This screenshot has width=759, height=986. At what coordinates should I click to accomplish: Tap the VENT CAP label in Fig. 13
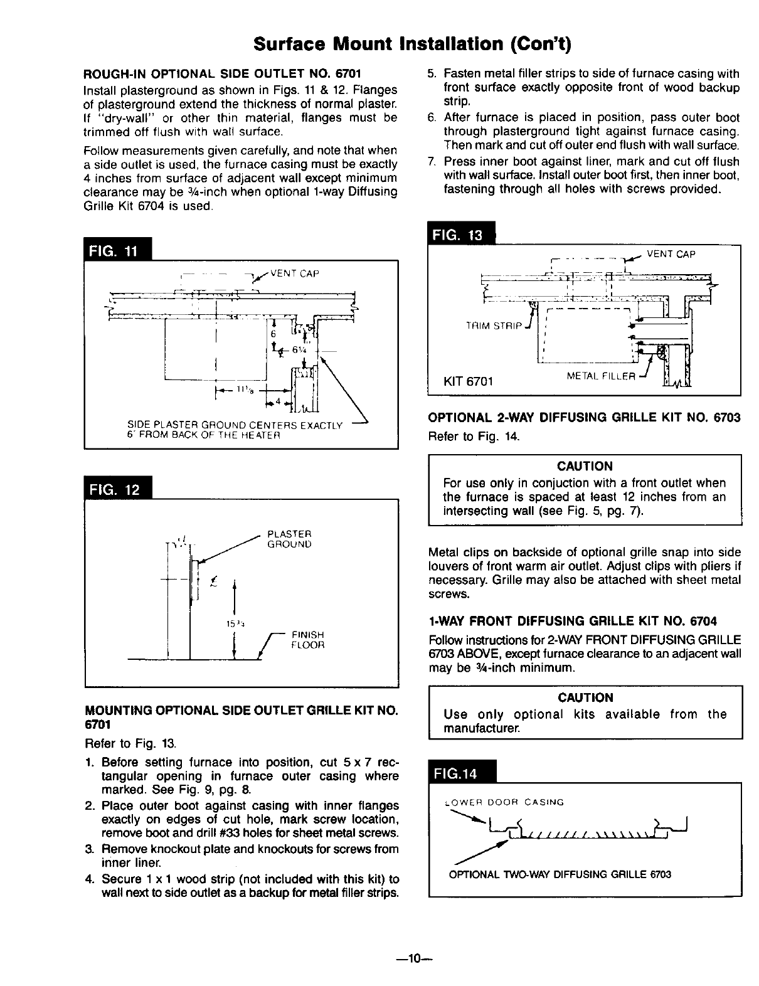point(671,254)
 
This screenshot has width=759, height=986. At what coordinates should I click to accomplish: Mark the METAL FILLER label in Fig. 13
point(601,376)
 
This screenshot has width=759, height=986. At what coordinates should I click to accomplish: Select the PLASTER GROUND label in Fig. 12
point(289,539)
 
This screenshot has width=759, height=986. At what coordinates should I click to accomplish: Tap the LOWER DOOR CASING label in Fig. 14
point(504,802)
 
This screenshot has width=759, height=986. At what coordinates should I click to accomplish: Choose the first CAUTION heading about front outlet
point(585,466)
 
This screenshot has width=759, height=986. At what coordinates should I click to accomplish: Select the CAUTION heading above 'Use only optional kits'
point(585,697)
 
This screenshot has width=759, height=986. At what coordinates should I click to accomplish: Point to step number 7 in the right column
point(432,162)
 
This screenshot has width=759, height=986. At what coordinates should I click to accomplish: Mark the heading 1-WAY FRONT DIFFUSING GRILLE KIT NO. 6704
point(573,621)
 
